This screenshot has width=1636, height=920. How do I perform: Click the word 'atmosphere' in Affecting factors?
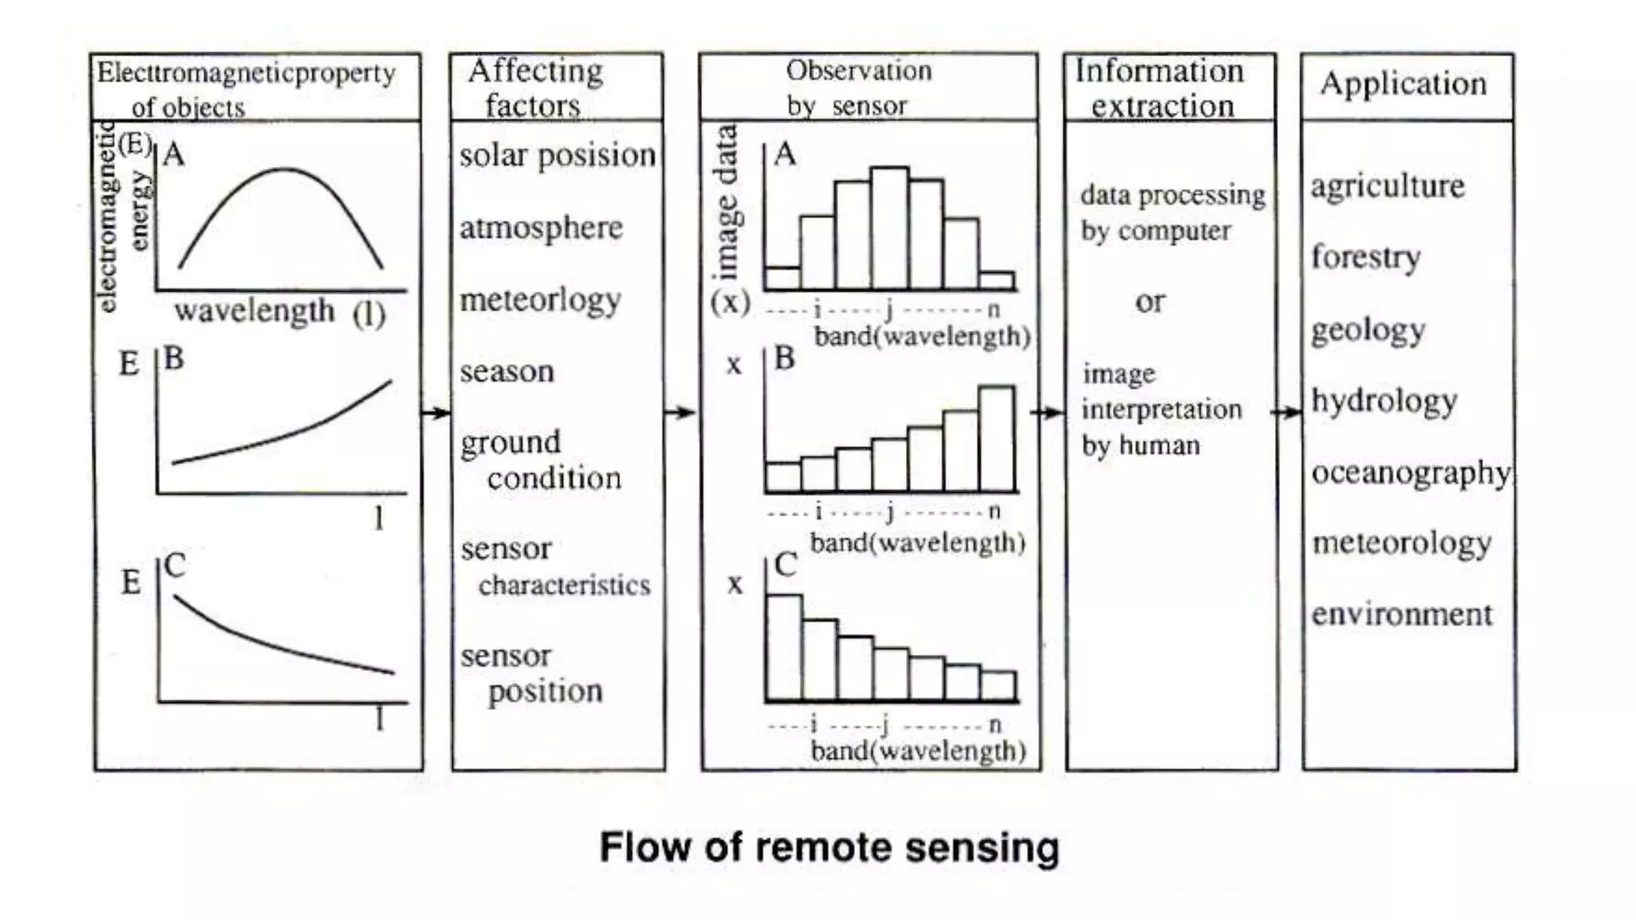tap(541, 228)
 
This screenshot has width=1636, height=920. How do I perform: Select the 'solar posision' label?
tap(557, 155)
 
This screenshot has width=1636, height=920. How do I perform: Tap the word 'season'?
tap(506, 371)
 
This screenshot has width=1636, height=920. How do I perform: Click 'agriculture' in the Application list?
tap(1388, 187)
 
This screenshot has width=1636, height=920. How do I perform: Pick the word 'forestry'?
tap(1366, 257)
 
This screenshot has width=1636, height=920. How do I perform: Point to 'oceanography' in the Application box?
tap(1411, 473)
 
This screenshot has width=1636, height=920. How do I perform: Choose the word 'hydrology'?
tap(1384, 401)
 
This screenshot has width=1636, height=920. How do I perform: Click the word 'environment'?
tap(1402, 614)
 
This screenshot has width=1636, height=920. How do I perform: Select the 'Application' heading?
tap(1403, 84)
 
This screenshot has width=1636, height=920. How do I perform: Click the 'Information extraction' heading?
tap(1160, 88)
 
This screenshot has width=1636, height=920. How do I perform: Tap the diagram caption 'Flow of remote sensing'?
tap(829, 847)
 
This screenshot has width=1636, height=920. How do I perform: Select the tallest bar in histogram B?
tap(996, 438)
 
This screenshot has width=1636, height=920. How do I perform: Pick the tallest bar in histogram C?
tap(784, 648)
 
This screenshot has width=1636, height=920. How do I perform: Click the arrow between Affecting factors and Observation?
tap(681, 413)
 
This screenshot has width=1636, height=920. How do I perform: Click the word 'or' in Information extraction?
tap(1150, 302)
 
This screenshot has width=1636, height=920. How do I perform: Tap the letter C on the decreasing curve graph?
tap(175, 566)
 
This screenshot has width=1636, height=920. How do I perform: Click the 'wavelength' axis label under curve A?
tap(254, 310)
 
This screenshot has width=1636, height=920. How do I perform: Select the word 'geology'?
tap(1368, 330)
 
